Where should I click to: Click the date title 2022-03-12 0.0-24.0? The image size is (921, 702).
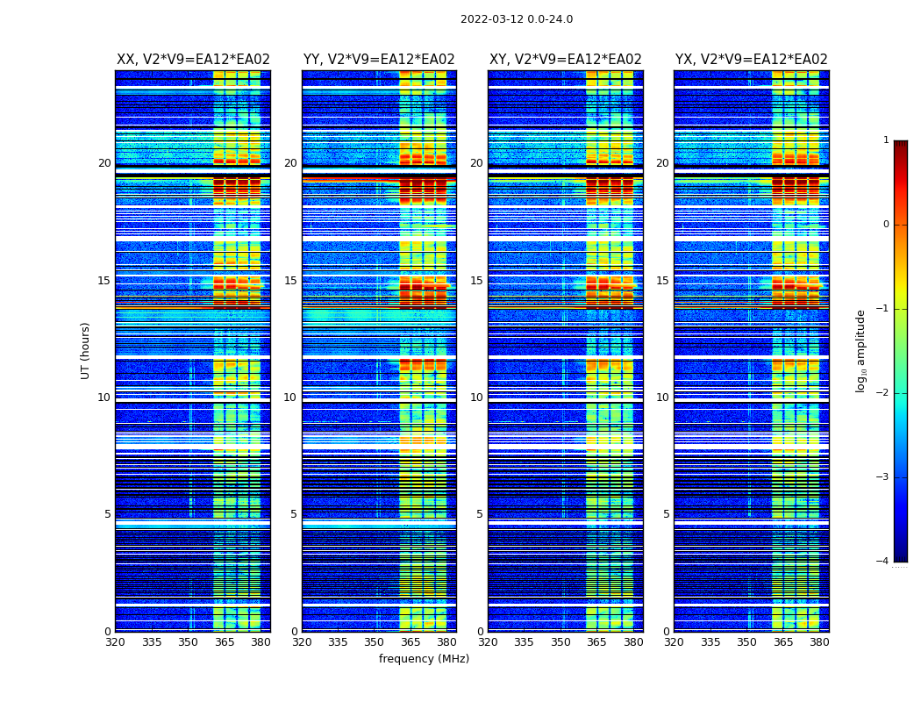click(x=517, y=19)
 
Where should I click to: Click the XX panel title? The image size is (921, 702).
click(x=193, y=60)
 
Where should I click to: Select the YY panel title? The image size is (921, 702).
click(x=379, y=60)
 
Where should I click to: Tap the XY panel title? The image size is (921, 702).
click(x=566, y=60)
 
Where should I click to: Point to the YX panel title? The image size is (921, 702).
click(x=752, y=60)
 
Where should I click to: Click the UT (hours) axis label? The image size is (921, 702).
click(x=86, y=350)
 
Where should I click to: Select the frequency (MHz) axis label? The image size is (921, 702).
click(x=424, y=659)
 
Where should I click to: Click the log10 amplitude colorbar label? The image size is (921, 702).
click(x=861, y=350)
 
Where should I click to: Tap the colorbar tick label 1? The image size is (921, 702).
click(x=885, y=140)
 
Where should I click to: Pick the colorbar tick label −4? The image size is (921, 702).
click(x=883, y=562)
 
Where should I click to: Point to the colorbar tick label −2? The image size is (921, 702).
click(x=883, y=393)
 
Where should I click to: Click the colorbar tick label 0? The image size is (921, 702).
click(x=885, y=225)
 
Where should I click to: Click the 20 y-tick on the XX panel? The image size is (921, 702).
click(x=104, y=163)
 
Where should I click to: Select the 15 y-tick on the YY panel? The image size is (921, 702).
click(x=290, y=281)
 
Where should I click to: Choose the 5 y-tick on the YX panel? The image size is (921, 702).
click(x=666, y=514)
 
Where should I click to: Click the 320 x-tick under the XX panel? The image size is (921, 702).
click(x=115, y=642)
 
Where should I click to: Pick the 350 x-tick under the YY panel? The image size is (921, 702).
click(x=375, y=642)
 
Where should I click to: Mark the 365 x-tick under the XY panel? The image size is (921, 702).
click(x=596, y=642)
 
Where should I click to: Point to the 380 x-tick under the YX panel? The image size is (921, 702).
click(x=819, y=642)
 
